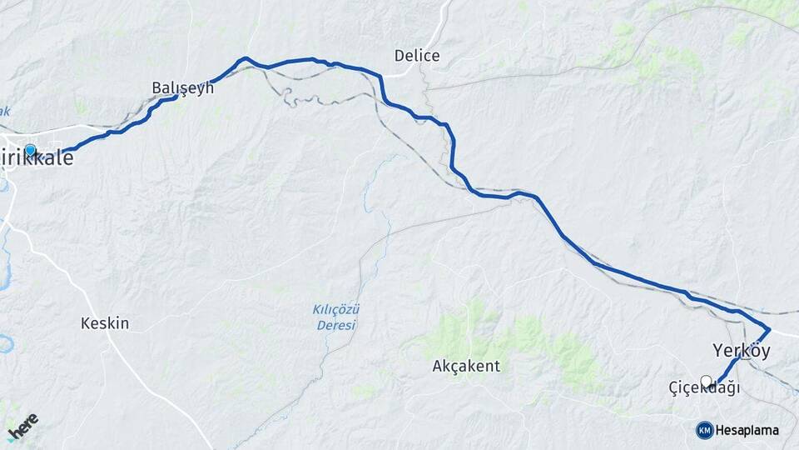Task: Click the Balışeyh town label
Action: (182, 87)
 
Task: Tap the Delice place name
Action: (417, 56)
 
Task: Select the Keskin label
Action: (105, 323)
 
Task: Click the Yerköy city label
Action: (741, 351)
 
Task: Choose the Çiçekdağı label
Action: (704, 389)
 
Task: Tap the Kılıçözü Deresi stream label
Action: (336, 317)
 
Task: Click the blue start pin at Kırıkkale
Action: (31, 151)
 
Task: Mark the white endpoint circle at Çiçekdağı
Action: (707, 382)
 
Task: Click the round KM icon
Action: (704, 430)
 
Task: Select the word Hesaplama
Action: (747, 430)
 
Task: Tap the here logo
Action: (22, 426)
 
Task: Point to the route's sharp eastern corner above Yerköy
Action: (769, 328)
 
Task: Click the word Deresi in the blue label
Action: (336, 325)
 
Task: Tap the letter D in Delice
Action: (399, 56)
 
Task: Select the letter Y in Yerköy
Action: (717, 351)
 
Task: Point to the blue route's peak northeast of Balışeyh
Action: (245, 58)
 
